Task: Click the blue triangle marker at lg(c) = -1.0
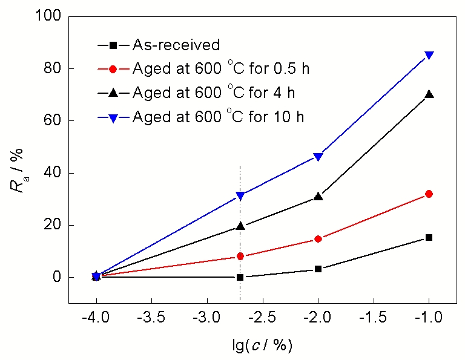pyautogui.click(x=429, y=55)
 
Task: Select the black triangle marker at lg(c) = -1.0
pyautogui.click(x=429, y=94)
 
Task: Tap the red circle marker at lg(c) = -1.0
pyautogui.click(x=429, y=194)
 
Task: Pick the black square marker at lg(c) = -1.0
pyautogui.click(x=429, y=237)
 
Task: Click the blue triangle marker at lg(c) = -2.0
pyautogui.click(x=318, y=157)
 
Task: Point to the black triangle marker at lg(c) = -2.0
pyautogui.click(x=318, y=196)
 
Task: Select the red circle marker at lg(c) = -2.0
pyautogui.click(x=318, y=239)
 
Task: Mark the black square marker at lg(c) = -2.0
pyautogui.click(x=318, y=269)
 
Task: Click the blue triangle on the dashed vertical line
pyautogui.click(x=240, y=195)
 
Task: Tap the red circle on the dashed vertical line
pyautogui.click(x=240, y=257)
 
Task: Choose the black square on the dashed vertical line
pyautogui.click(x=240, y=277)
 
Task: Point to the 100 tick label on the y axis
pyautogui.click(x=51, y=16)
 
